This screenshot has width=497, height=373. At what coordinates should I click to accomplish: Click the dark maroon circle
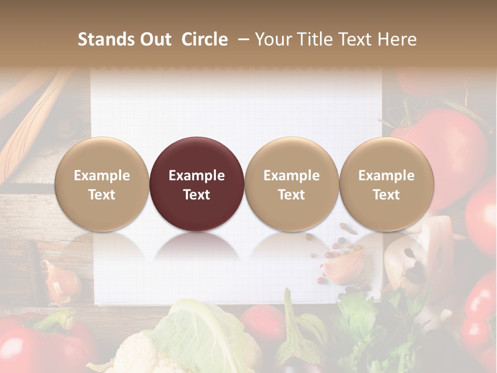(197, 184)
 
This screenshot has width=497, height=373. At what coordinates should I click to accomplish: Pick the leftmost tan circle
(101, 184)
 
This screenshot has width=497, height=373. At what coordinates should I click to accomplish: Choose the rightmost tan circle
(386, 184)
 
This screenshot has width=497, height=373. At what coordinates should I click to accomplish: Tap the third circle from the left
(291, 184)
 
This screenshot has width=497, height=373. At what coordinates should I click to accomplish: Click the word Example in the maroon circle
(197, 176)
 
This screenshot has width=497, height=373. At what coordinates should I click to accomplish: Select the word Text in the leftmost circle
(101, 195)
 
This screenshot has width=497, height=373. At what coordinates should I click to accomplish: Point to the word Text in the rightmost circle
(386, 195)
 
